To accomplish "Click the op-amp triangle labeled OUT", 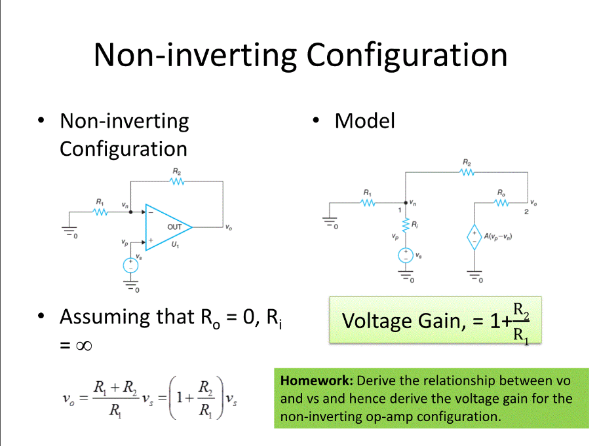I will [168, 227].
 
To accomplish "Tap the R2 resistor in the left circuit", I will [177, 181].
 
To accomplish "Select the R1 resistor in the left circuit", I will [100, 212].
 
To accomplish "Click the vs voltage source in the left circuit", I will [131, 265].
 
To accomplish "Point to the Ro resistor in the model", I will [501, 202].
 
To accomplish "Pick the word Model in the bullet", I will [364, 121].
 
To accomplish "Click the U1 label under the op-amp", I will [174, 244].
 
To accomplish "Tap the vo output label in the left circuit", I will [228, 227].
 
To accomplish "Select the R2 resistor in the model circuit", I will [467, 172].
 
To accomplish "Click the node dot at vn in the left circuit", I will [131, 212].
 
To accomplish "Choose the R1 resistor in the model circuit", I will [368, 202].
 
